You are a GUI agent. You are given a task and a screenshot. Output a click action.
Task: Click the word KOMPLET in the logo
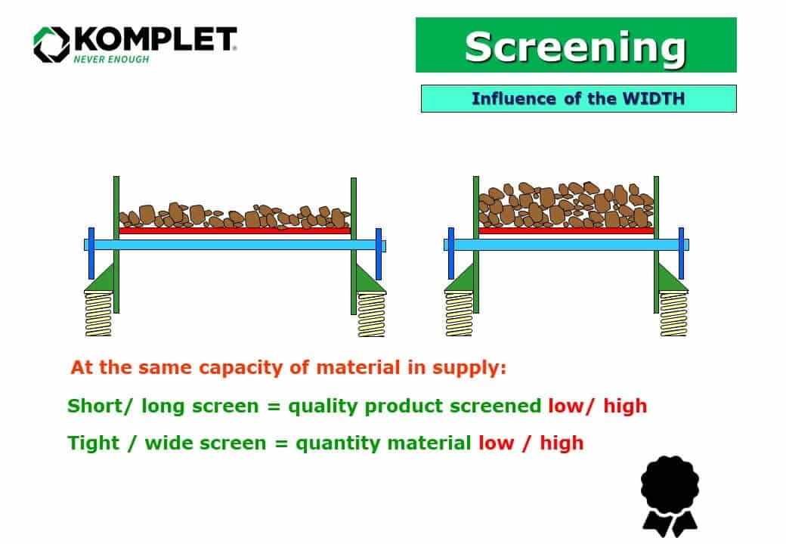[x=154, y=40]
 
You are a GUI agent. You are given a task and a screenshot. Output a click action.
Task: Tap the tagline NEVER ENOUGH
[x=111, y=60]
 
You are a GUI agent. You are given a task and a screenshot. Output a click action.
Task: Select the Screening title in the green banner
[x=575, y=46]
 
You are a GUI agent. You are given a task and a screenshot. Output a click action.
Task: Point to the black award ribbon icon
[x=670, y=495]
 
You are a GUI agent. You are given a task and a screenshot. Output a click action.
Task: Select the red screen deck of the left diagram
[x=234, y=231]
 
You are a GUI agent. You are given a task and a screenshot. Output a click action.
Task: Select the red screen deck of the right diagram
[x=566, y=230]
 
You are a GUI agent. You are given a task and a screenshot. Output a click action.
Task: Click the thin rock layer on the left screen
[x=234, y=216]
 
